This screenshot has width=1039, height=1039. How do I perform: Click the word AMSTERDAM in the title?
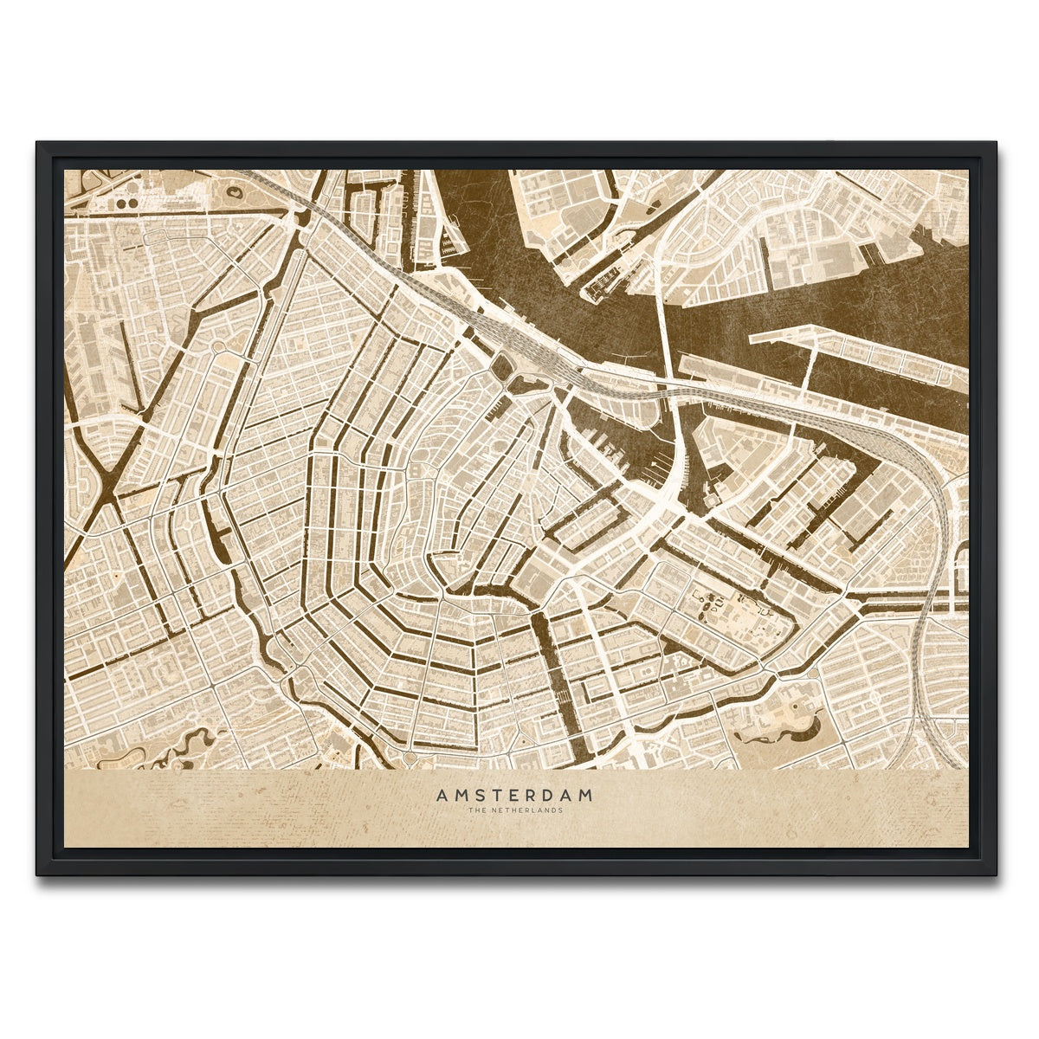point(514,795)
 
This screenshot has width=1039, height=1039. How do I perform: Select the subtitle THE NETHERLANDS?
point(514,810)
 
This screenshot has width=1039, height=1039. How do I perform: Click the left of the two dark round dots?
point(120,203)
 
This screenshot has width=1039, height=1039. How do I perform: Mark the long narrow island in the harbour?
point(857,355)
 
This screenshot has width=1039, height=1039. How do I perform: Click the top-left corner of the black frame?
point(38,144)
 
